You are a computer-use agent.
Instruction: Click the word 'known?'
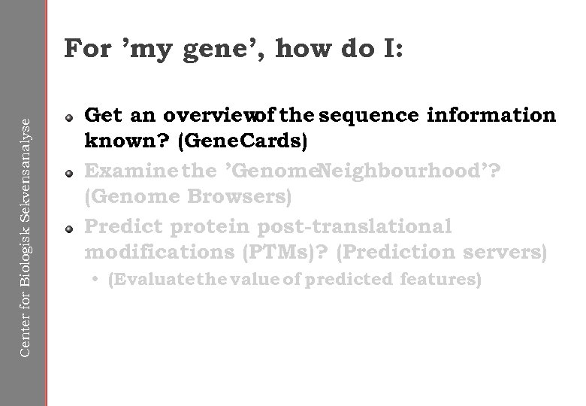click(x=117, y=143)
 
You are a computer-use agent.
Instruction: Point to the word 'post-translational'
click(x=354, y=226)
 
